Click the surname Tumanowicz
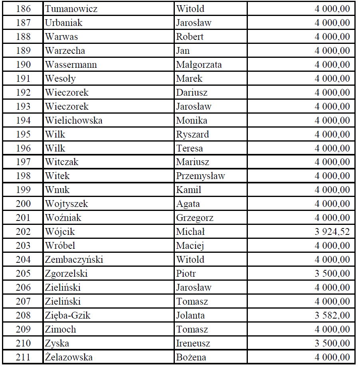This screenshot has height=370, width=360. (71, 9)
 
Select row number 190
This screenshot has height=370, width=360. (23, 65)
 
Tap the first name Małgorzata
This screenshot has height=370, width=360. (199, 65)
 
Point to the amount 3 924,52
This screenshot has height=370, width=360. (332, 232)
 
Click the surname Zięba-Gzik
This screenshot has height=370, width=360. (68, 315)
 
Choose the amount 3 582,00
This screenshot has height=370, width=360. (332, 315)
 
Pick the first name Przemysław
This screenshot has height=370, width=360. (200, 176)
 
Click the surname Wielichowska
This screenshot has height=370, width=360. (73, 120)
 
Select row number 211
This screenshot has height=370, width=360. (23, 357)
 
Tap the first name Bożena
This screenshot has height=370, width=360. (191, 357)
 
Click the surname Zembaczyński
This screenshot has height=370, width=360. (74, 260)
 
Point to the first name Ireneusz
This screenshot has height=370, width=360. (193, 343)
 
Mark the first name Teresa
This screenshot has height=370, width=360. (190, 148)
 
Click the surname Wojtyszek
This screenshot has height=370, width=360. (66, 204)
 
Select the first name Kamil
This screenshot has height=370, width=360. (189, 190)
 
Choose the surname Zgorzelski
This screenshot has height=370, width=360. (66, 274)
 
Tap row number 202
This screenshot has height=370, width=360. (23, 232)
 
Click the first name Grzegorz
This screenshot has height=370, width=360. (195, 218)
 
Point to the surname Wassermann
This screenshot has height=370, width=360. (71, 65)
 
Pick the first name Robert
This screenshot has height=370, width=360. (190, 37)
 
